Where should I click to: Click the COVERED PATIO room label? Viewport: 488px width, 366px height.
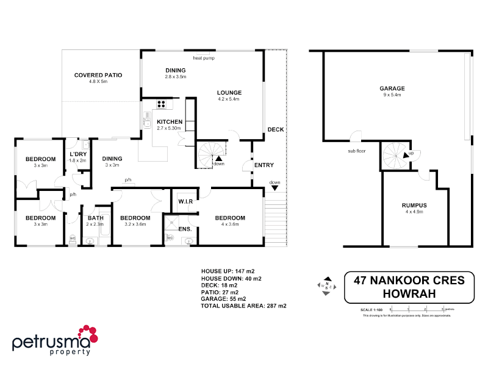pyautogui.click(x=98, y=75)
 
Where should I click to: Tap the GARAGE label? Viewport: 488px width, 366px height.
pyautogui.click(x=393, y=88)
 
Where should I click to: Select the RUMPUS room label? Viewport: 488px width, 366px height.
pyautogui.click(x=414, y=205)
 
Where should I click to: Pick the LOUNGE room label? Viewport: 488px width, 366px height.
pyautogui.click(x=229, y=93)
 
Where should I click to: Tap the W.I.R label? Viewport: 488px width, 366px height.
pyautogui.click(x=185, y=201)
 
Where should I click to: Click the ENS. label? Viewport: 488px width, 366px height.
pyautogui.click(x=185, y=229)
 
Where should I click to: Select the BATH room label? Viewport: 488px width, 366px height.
pyautogui.click(x=96, y=218)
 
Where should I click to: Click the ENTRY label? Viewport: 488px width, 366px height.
pyautogui.click(x=264, y=165)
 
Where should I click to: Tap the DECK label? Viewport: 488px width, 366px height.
pyautogui.click(x=275, y=129)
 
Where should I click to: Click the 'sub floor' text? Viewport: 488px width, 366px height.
pyautogui.click(x=357, y=151)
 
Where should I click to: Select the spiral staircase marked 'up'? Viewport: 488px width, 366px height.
pyautogui.click(x=397, y=157)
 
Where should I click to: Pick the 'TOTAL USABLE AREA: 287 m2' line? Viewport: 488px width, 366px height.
pyautogui.click(x=243, y=306)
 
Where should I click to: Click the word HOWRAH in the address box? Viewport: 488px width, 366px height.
pyautogui.click(x=409, y=294)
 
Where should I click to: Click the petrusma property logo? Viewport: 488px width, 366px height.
pyautogui.click(x=56, y=340)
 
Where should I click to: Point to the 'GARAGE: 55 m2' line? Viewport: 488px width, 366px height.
pyautogui.click(x=223, y=299)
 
